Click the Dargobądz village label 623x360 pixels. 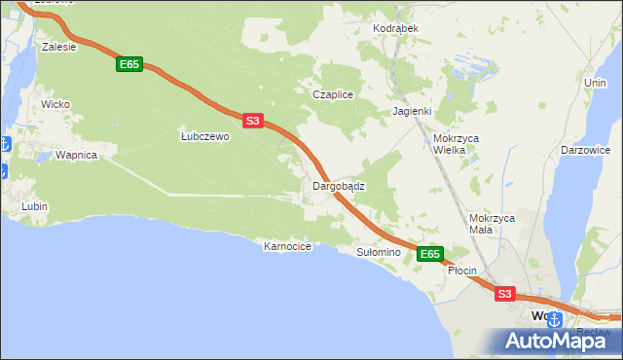coord(338,186)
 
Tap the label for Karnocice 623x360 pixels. coord(287,247)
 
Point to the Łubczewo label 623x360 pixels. coord(204,137)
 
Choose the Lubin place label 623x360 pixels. coord(35,206)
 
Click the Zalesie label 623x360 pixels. coord(59,46)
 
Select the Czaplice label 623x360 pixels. coord(331,94)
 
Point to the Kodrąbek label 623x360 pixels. coord(395,29)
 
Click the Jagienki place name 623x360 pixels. coord(412,111)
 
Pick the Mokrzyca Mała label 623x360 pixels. coord(492,225)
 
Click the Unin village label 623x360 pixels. coord(595,84)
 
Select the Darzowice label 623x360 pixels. coord(585,151)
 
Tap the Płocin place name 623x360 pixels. coord(461,270)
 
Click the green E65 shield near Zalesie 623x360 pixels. coord(128,64)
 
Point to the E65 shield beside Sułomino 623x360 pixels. coord(430,254)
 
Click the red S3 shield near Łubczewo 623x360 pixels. coord(252,121)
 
